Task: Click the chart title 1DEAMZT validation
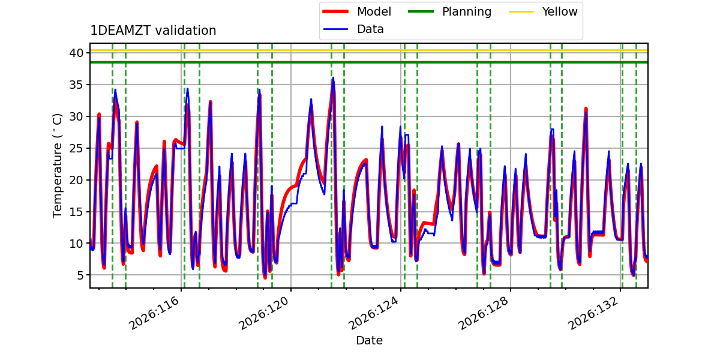(x=153, y=31)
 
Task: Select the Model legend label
(x=374, y=11)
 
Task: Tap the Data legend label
(x=370, y=29)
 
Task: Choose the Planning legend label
(x=467, y=12)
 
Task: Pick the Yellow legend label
(x=560, y=11)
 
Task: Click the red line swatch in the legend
(x=335, y=11)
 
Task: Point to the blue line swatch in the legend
(x=335, y=29)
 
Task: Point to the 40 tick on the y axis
(x=76, y=53)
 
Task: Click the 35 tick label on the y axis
(x=76, y=85)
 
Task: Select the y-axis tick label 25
(x=76, y=148)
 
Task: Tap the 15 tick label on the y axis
(x=76, y=212)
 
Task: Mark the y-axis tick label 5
(x=80, y=275)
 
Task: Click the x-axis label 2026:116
(x=154, y=313)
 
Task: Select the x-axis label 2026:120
(x=263, y=313)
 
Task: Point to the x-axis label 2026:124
(x=373, y=313)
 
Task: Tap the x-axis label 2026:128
(x=484, y=313)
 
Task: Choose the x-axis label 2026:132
(x=593, y=313)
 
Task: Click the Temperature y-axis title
(x=57, y=166)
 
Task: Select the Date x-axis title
(x=370, y=340)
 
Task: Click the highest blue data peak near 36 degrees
(x=333, y=78)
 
